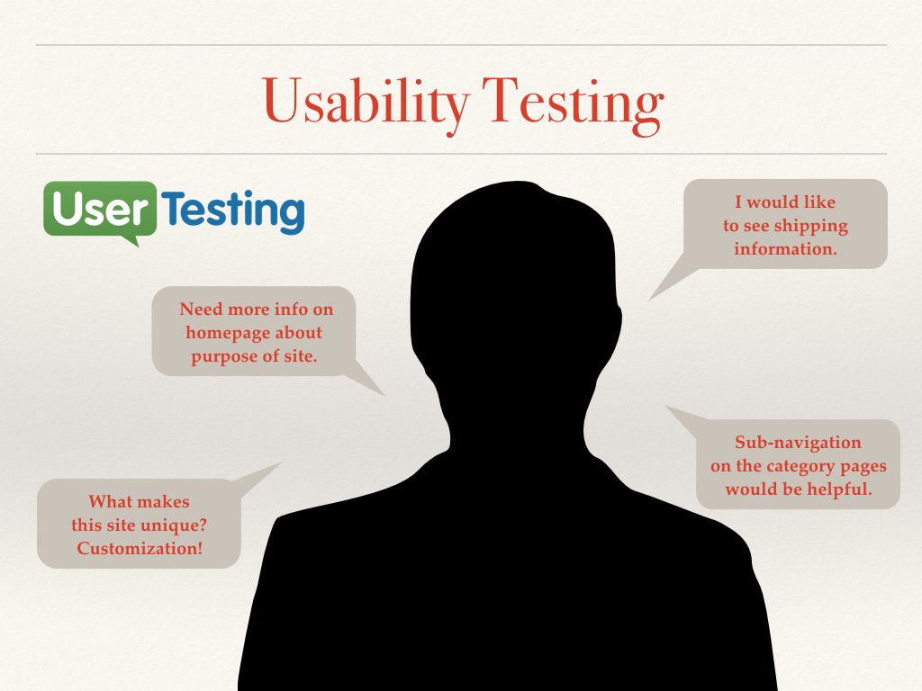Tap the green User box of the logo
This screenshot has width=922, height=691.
coord(100,209)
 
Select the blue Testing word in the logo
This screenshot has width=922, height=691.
coord(233,211)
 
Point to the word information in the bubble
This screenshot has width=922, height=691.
coord(785,248)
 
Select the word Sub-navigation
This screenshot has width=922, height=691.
coord(798,443)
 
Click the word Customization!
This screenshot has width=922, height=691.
coord(140,548)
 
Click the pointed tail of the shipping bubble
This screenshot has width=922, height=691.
coord(648,300)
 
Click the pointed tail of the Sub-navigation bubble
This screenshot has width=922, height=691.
coord(666,406)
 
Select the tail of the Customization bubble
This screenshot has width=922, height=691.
coord(280,463)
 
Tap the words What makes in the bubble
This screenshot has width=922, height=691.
coord(140,501)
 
